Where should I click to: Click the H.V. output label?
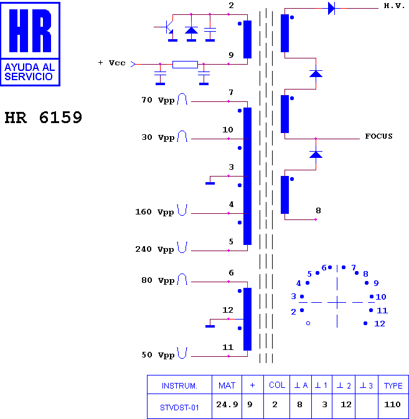pyautogui.click(x=394, y=6)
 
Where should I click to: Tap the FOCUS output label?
pyautogui.click(x=378, y=136)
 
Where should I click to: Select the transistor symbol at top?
pyautogui.click(x=168, y=27)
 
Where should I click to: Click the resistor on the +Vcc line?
pyautogui.click(x=186, y=65)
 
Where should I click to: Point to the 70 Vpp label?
pyautogui.click(x=158, y=100)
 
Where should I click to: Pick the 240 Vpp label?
pyautogui.click(x=154, y=249)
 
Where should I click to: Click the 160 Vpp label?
pyautogui.click(x=154, y=212)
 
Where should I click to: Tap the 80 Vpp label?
pyautogui.click(x=158, y=280)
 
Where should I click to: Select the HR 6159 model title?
pyautogui.click(x=44, y=117)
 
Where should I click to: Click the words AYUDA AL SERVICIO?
pyautogui.click(x=30, y=72)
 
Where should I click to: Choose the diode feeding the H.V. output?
pyautogui.click(x=332, y=9)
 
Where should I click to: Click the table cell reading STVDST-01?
pyautogui.click(x=179, y=408)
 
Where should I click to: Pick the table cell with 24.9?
pyautogui.click(x=227, y=405)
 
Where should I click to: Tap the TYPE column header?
pyautogui.click(x=393, y=385)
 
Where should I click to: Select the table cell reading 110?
pyautogui.click(x=392, y=405)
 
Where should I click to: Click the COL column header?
pyautogui.click(x=277, y=385)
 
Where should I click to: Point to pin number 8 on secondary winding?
pyautogui.click(x=318, y=211)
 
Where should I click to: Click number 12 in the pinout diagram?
pyautogui.click(x=380, y=324)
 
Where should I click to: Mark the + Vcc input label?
pyautogui.click(x=111, y=63)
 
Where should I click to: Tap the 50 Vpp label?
pyautogui.click(x=158, y=355)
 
